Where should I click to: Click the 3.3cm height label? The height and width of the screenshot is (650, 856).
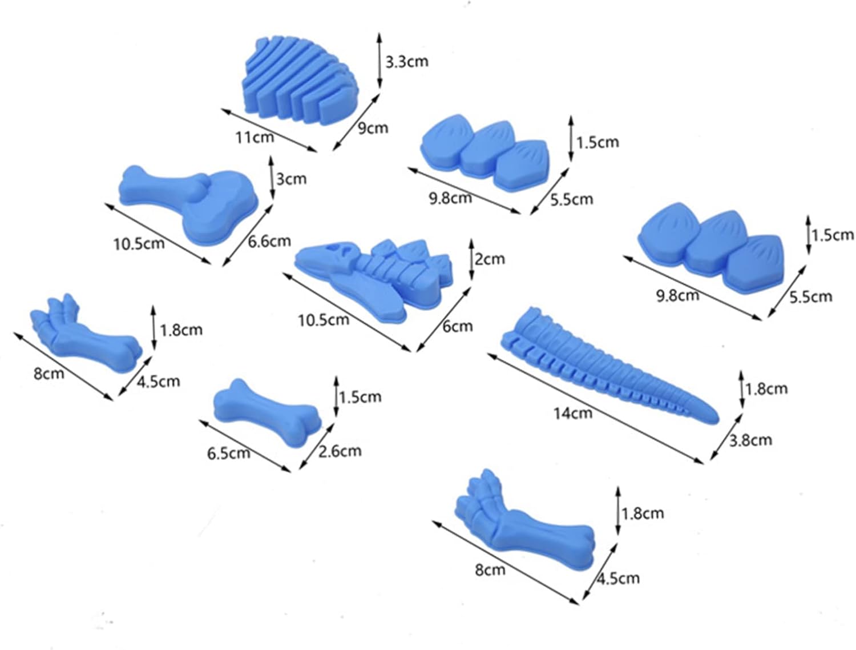407,62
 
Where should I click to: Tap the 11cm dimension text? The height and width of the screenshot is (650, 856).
255,137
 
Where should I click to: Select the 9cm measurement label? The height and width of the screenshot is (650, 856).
373,127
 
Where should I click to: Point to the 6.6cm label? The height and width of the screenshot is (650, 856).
269,241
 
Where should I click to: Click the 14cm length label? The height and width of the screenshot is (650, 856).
573,413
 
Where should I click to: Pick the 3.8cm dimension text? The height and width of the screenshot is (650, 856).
750,440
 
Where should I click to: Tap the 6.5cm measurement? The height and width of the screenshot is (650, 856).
228,454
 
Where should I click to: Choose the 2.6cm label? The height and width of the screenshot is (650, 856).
340,451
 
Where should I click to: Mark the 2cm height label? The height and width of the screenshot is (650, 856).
490,258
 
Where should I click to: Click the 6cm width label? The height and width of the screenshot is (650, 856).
458,326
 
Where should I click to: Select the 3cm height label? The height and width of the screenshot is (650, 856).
291,179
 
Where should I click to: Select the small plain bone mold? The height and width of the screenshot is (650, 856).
267,412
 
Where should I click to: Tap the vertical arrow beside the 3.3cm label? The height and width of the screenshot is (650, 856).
379,61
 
